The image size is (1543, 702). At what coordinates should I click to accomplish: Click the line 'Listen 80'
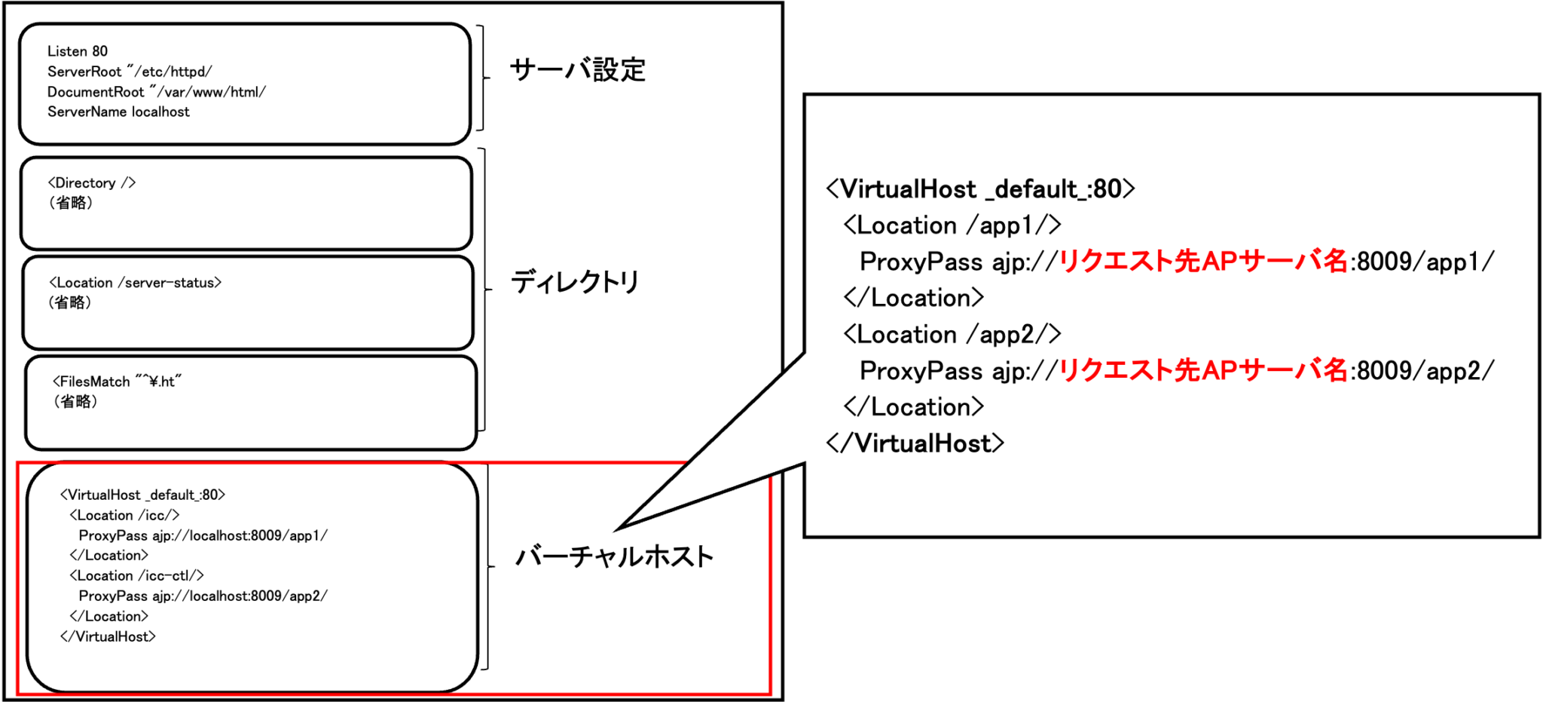click(78, 51)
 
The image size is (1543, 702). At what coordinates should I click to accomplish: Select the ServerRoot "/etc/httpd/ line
click(130, 72)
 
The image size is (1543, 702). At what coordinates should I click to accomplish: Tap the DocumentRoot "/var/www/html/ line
click(157, 92)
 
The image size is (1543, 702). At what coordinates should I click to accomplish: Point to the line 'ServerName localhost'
click(118, 112)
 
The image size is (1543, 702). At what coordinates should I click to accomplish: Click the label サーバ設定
click(578, 70)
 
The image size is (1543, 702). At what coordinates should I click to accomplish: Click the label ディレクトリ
click(576, 282)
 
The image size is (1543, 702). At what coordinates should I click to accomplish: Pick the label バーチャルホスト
click(614, 557)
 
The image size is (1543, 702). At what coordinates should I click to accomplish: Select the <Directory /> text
click(92, 183)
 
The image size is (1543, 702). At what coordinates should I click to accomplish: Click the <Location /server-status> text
click(136, 283)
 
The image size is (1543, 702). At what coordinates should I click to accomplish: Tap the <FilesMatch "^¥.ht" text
click(118, 382)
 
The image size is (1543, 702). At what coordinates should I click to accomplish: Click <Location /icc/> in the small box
click(124, 515)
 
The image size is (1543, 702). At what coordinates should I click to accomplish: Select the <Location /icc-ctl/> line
click(136, 575)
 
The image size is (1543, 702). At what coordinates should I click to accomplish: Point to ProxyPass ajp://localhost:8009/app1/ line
click(203, 535)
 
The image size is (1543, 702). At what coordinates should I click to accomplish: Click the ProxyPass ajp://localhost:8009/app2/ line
click(203, 596)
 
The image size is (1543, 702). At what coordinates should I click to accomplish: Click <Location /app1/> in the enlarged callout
click(952, 225)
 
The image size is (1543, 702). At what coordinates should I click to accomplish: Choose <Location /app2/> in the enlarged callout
click(952, 334)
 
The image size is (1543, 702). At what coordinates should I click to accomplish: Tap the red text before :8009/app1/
click(1203, 262)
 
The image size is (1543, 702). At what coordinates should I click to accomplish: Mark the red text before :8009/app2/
click(1203, 370)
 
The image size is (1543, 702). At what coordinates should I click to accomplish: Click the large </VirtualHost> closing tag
click(915, 443)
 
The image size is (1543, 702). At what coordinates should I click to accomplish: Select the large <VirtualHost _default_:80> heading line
click(980, 189)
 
